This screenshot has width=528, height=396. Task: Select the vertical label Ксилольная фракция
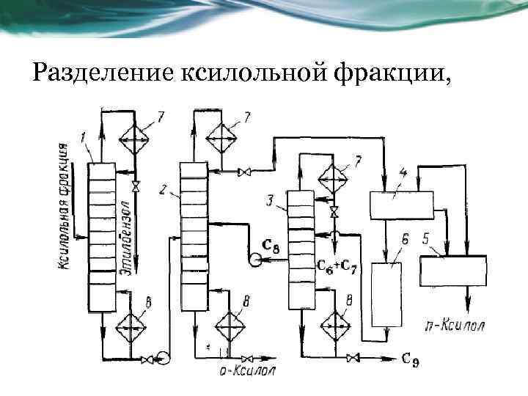pos(65,208)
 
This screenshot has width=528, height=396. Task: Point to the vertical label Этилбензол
pos(127,238)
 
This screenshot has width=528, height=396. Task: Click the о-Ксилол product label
pos(248,370)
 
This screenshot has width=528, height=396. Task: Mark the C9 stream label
pos(410,359)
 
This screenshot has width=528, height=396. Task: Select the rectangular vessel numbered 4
pos(397,205)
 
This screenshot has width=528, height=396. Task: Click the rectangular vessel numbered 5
pos(452,270)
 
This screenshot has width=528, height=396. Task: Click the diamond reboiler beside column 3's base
pos(337,322)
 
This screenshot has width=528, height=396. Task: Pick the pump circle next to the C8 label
pos(253,258)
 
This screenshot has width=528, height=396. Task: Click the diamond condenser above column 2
pos(225,136)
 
